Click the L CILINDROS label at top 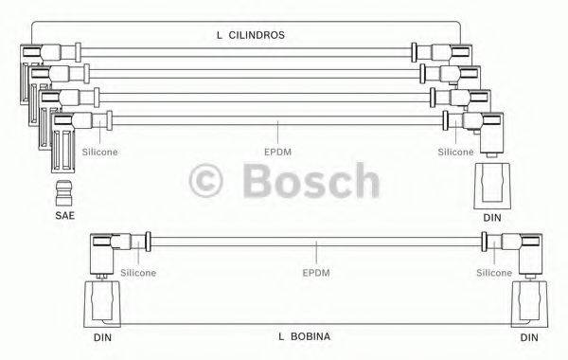tap(251, 35)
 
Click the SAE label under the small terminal tap(63, 217)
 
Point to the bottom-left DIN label tap(101, 336)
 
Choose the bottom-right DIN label tap(527, 336)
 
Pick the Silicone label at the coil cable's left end tap(138, 273)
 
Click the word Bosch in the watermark tap(313, 179)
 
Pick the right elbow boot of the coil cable tap(526, 252)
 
